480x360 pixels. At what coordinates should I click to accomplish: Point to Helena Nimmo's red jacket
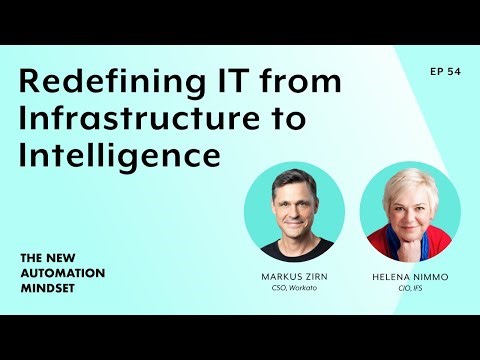tap(384, 245)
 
